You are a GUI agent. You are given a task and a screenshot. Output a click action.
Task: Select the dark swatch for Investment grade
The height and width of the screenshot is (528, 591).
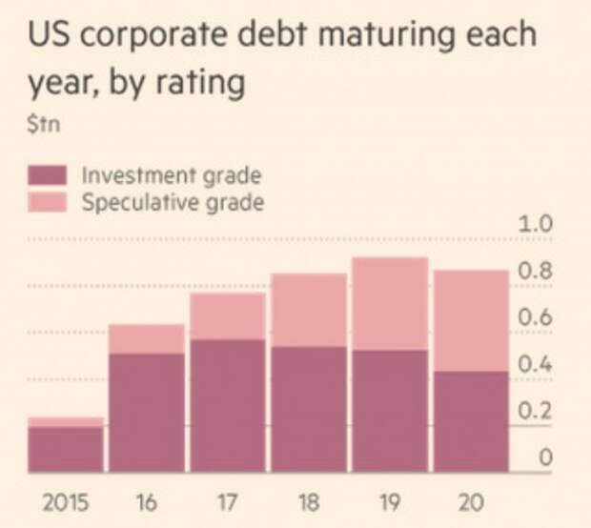pos(48,175)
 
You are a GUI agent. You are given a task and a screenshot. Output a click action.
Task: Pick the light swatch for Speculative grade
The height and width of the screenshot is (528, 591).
pos(48,201)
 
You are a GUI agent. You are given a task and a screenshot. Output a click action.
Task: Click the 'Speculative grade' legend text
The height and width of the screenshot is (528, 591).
pos(172,201)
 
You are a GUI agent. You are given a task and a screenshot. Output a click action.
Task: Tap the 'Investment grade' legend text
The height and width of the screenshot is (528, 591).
pos(171,175)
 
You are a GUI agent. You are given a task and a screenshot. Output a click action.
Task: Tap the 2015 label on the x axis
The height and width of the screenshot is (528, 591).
pos(65,502)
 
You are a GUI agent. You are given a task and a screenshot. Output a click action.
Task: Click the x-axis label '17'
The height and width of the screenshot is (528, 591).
pos(228,502)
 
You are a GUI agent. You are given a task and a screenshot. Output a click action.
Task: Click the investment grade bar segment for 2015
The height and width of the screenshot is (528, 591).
pos(65,449)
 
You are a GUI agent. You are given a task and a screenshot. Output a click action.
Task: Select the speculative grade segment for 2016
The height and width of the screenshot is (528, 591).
pos(147,338)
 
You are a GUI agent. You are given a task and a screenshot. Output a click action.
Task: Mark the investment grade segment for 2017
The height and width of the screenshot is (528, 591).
pos(228,405)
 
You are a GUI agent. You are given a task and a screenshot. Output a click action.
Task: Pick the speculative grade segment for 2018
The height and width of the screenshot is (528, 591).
pos(309,310)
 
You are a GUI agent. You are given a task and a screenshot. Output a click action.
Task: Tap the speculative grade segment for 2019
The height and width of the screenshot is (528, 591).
pos(390,303)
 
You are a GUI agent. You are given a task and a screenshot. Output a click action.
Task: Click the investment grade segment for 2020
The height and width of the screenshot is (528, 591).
pos(471,421)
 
